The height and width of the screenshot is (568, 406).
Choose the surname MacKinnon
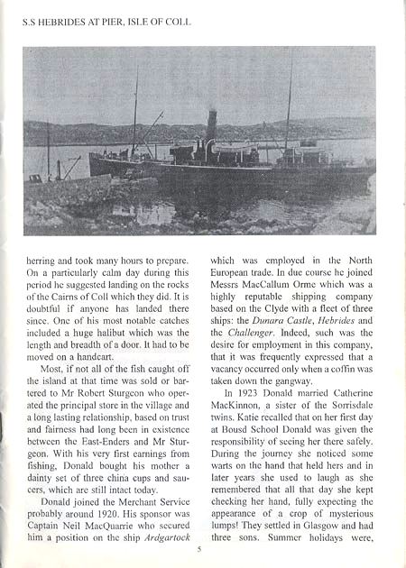pos(238,394)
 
